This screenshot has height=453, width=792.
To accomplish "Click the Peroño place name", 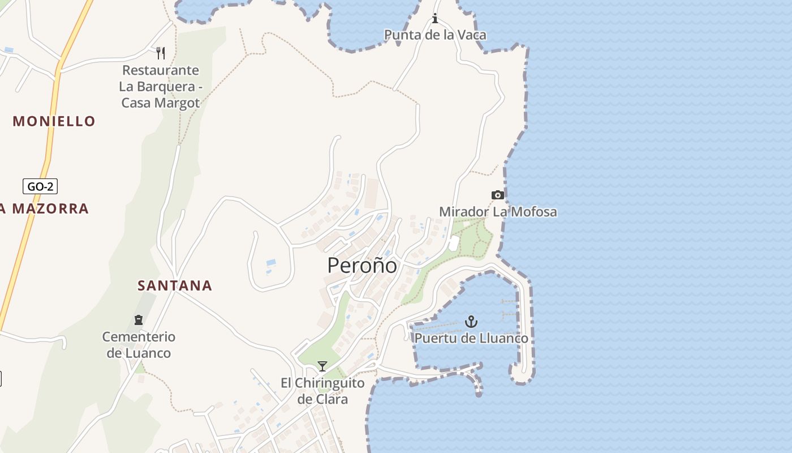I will (x=362, y=265).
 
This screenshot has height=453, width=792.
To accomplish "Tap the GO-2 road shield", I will (x=40, y=186).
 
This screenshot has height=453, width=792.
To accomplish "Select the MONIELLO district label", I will (x=54, y=121).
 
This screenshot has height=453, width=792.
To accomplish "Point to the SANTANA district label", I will (x=175, y=285).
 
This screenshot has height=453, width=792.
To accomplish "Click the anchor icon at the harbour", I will (x=471, y=322).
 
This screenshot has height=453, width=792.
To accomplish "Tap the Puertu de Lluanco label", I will (x=471, y=338).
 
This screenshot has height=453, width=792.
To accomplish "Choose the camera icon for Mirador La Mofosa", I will (x=497, y=195).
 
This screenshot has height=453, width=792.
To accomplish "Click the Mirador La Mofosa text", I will (x=498, y=212).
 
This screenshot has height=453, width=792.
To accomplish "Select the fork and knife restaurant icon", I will (x=161, y=53).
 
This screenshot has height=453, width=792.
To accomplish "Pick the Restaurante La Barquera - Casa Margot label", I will (x=161, y=87).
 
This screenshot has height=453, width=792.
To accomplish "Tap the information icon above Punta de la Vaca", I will (x=435, y=19).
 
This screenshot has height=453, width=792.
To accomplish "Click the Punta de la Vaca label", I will (x=435, y=35).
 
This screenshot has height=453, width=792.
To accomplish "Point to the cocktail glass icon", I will (x=322, y=366).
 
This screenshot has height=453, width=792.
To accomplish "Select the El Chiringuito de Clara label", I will (x=322, y=391).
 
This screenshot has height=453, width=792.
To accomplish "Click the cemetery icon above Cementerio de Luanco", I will (x=139, y=320).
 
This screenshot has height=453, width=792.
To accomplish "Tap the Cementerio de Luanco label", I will (x=139, y=345).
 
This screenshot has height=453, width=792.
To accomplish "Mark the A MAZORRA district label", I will (x=44, y=208).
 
